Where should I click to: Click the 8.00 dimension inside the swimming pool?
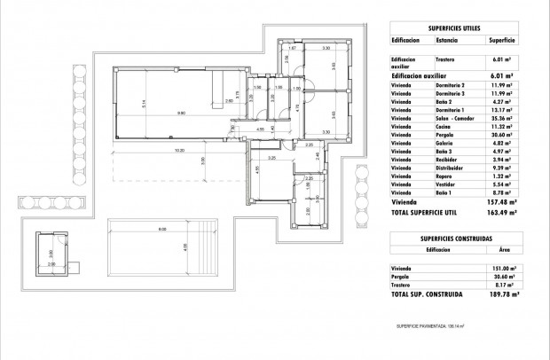[x=162, y=230]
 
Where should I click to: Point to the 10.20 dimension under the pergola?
[x=180, y=150]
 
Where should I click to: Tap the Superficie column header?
[x=504, y=40]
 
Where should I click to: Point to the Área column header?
[x=504, y=250]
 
